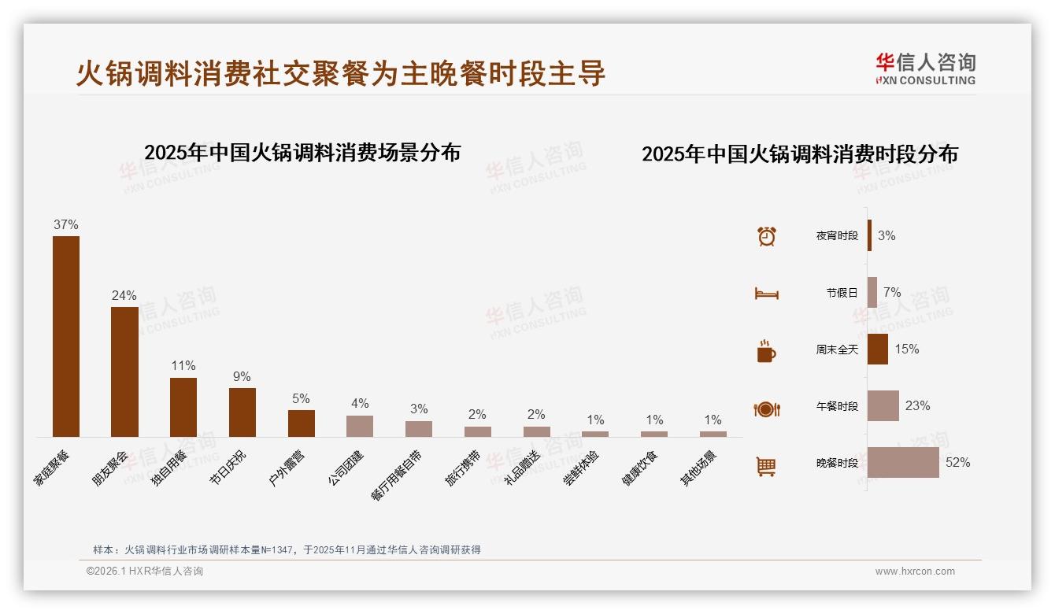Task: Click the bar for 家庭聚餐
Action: (66, 336)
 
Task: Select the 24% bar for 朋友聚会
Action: (124, 372)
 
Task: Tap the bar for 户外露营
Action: (302, 424)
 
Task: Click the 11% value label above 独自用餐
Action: (183, 366)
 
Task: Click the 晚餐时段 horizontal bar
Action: (903, 463)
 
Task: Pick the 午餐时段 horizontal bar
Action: (883, 406)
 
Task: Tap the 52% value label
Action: (958, 463)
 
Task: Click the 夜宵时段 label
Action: (837, 235)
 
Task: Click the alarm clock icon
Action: (767, 236)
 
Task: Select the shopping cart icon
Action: (766, 466)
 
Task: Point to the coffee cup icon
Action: (766, 351)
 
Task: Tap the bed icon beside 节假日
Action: (766, 294)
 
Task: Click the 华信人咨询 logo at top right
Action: (926, 68)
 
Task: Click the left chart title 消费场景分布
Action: (302, 152)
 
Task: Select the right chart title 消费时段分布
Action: (800, 154)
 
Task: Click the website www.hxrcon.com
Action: (915, 571)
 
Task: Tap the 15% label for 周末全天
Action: (907, 349)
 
